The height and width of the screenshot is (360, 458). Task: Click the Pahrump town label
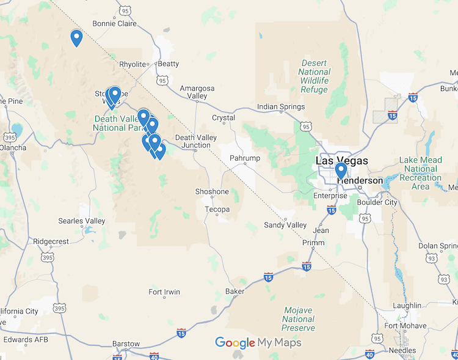coord(244,158)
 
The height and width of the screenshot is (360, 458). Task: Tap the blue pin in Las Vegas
coord(341,170)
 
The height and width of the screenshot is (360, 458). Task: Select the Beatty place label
coord(169,64)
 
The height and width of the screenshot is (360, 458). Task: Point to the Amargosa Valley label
coord(197,92)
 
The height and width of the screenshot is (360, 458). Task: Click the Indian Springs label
coord(281,107)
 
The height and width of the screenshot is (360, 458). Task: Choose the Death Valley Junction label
coord(196,141)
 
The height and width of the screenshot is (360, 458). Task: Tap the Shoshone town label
coord(212,191)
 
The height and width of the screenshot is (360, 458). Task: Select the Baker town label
coord(234,291)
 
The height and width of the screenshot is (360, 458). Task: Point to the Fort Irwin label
coord(164,292)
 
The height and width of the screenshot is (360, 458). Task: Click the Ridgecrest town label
coord(51,241)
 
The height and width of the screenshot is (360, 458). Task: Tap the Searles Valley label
coord(82,221)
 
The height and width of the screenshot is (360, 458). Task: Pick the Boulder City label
coord(377,202)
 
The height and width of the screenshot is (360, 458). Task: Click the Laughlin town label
coord(407,305)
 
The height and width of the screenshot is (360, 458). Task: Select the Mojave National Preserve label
coord(299,319)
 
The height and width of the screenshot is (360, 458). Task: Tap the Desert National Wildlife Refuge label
coord(314,76)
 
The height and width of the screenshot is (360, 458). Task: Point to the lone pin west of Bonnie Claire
coord(76,37)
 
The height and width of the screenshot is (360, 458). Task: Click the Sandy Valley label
coord(285,225)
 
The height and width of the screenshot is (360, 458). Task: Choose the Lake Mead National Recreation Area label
coord(421,173)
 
